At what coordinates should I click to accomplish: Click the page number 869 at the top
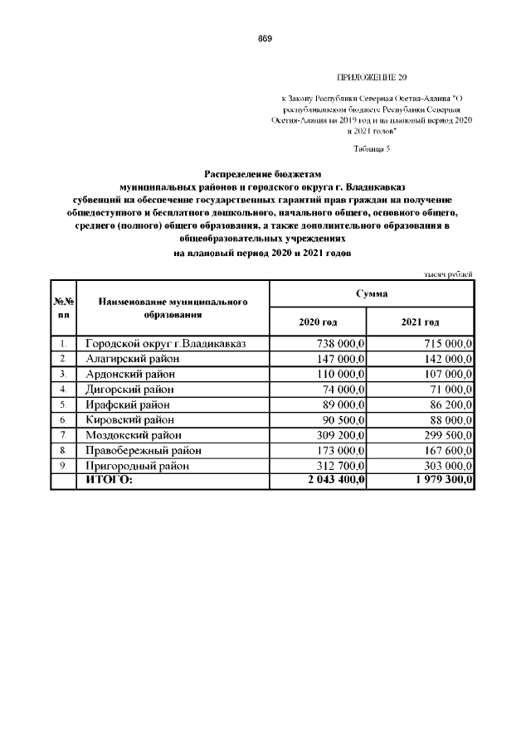pos(265,38)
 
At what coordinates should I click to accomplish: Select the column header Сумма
pos(372,295)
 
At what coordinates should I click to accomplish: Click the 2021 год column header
pos(420,322)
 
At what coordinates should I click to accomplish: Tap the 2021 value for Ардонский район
pos(443,374)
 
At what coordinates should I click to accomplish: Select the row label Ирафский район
pos(128,404)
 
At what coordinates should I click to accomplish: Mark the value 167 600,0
pos(443,451)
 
